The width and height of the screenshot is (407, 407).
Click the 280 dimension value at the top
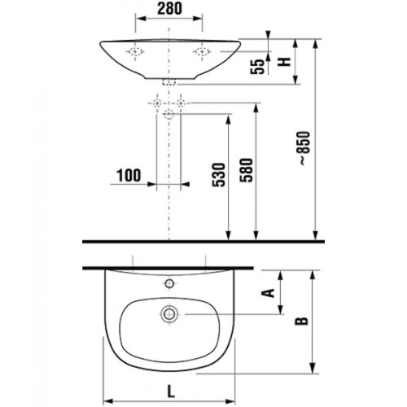pos(169,9)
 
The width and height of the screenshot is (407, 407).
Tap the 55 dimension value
pos(257,67)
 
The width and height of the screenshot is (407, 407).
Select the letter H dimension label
pos(285,62)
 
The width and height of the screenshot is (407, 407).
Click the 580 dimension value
pos(246,170)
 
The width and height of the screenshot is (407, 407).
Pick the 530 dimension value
pos(219,174)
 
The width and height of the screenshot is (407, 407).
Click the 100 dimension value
pos(129,176)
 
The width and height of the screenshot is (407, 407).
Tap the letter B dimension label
pos(302,321)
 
